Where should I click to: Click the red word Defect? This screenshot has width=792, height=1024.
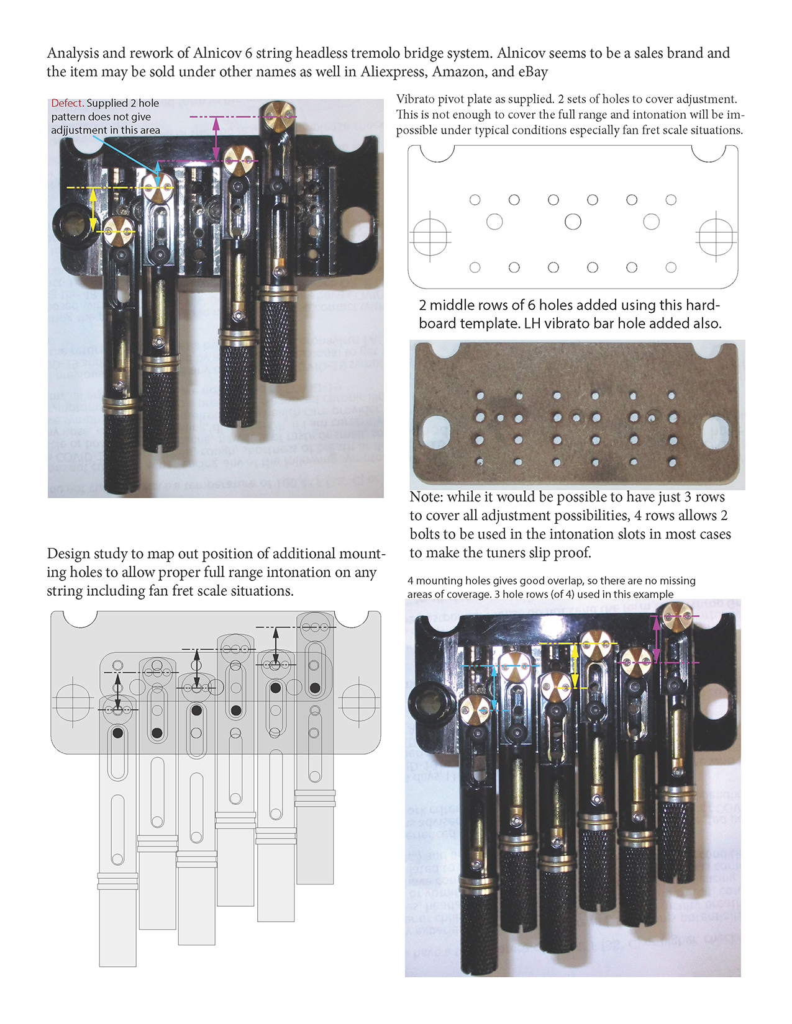[x=67, y=103]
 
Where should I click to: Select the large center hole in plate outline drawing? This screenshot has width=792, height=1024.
[x=573, y=222]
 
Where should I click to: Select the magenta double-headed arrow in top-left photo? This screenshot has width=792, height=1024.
[x=216, y=139]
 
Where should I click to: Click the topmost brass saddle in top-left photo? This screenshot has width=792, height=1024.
[x=276, y=112]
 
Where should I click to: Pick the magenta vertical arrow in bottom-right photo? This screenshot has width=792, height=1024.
[x=657, y=639]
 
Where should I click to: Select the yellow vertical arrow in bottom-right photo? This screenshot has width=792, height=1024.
[x=575, y=665]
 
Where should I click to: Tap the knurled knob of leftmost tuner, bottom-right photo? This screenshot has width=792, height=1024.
[x=478, y=931]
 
